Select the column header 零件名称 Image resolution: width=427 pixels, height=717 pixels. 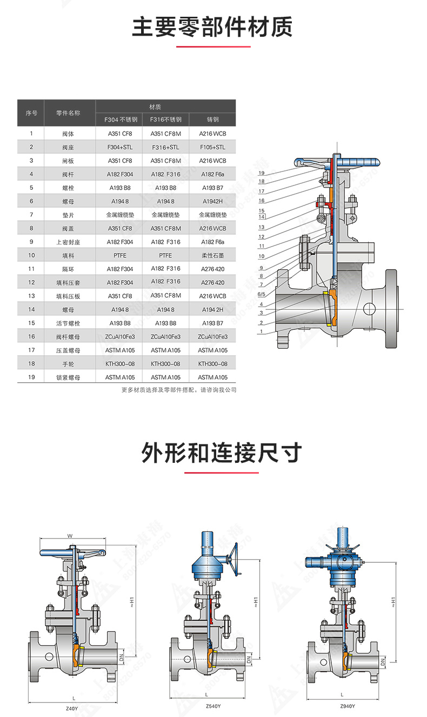coord(68,113)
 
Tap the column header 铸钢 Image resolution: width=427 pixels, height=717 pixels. coord(212,119)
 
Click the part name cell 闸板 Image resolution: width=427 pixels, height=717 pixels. coord(68,161)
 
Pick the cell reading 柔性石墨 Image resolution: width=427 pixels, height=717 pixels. coord(212,255)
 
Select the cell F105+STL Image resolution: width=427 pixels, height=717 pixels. coord(212,147)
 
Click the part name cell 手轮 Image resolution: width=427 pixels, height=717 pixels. coord(68,364)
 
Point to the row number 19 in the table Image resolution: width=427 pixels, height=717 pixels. coord(31,377)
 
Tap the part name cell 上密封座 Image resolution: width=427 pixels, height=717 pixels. coord(68,242)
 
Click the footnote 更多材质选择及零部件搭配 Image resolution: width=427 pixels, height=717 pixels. coord(178,390)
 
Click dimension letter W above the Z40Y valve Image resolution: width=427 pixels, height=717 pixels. coord(70,536)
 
